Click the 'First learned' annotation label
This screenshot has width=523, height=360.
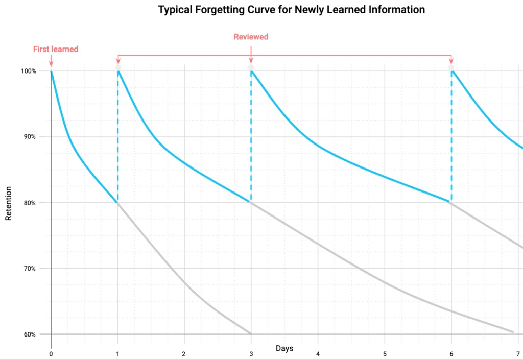point(56,49)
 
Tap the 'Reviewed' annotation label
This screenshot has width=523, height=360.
point(251,37)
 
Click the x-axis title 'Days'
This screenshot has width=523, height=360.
point(284,348)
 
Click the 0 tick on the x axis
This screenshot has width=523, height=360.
point(51,353)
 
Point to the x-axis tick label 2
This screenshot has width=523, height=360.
point(184,353)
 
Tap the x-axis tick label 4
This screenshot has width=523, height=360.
point(318,353)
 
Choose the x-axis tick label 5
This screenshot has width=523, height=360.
point(385,353)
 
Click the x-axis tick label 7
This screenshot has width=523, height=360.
point(518,353)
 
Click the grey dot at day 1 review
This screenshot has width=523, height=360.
point(118,67)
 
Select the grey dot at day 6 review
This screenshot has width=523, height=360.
point(451,67)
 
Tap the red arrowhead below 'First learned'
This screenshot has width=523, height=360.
point(51,64)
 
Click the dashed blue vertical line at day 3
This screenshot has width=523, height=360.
point(251,138)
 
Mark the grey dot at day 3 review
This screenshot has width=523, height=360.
point(251,67)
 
